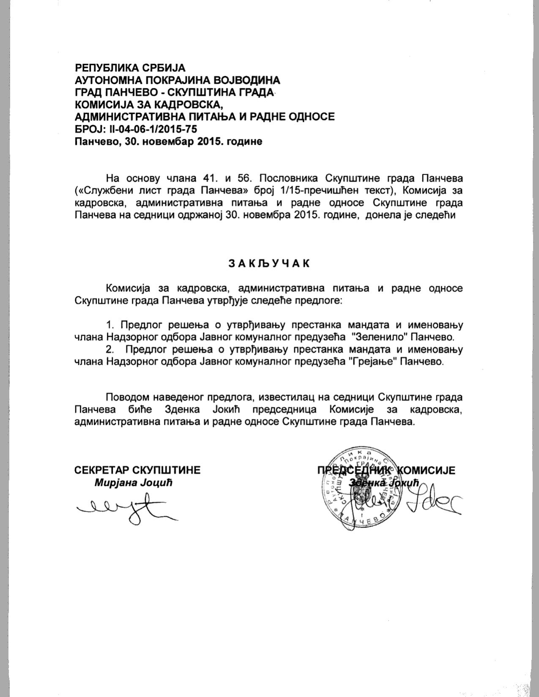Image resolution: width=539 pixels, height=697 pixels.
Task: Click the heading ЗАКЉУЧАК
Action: click(x=269, y=263)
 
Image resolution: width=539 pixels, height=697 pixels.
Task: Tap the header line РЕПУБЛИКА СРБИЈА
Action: click(x=130, y=68)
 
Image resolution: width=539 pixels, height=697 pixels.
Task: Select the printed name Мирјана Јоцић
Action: click(x=134, y=483)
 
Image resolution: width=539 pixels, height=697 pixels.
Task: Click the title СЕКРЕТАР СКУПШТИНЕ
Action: click(x=137, y=470)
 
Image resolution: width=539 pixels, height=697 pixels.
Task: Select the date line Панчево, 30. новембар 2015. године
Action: click(x=168, y=141)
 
